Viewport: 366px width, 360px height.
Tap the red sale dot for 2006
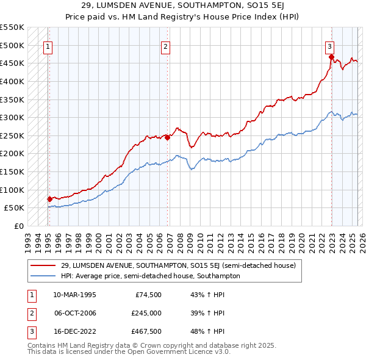pyautogui.click(x=167, y=137)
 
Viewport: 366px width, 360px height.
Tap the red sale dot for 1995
pyautogui.click(x=49, y=199)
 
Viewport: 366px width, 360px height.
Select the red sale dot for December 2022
pyautogui.click(x=332, y=57)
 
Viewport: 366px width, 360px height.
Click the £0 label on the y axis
pyautogui.click(x=19, y=226)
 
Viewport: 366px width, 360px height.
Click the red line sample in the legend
pyautogui.click(x=44, y=265)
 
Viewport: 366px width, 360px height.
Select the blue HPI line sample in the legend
pyautogui.click(x=44, y=276)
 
